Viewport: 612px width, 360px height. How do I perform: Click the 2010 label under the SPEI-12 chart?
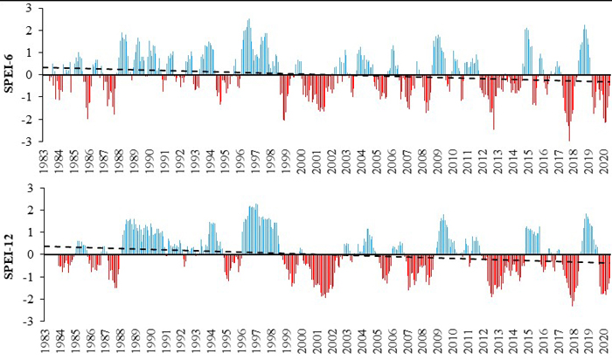pos(453,343)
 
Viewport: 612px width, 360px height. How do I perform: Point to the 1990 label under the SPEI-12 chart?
pos(150,343)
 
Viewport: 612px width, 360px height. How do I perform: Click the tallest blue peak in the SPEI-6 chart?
pos(249,20)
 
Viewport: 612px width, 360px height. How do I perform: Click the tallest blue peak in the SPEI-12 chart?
pos(255,204)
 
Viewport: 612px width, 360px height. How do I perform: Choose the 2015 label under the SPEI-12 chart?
pos(528,343)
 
